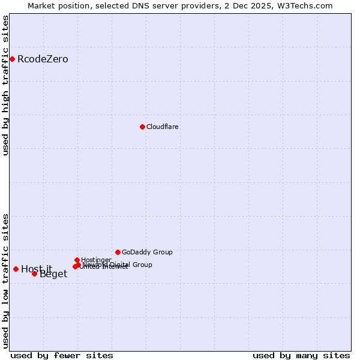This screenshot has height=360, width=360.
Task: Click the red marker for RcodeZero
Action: tap(12, 59)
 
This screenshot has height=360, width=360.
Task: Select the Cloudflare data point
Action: tap(142, 127)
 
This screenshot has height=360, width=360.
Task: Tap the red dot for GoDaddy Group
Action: tap(118, 252)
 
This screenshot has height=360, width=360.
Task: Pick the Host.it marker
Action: tap(16, 269)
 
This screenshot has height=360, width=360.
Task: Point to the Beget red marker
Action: tap(34, 274)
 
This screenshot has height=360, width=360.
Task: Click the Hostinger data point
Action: tap(77, 260)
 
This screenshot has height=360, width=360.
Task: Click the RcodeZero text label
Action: tap(43, 59)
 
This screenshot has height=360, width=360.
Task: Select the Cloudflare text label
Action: tap(162, 127)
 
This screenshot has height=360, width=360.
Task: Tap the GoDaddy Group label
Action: tap(147, 252)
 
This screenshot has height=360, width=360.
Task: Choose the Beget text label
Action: tap(53, 274)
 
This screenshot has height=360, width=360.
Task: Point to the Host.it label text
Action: tap(37, 269)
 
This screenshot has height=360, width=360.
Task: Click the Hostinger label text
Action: tap(96, 260)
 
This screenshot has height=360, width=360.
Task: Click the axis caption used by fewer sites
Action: tap(62, 355)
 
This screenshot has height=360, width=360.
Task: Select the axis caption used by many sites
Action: tap(301, 355)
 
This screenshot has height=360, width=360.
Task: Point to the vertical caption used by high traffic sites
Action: tap(5, 85)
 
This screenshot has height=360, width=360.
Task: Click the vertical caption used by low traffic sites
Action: tap(5, 280)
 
